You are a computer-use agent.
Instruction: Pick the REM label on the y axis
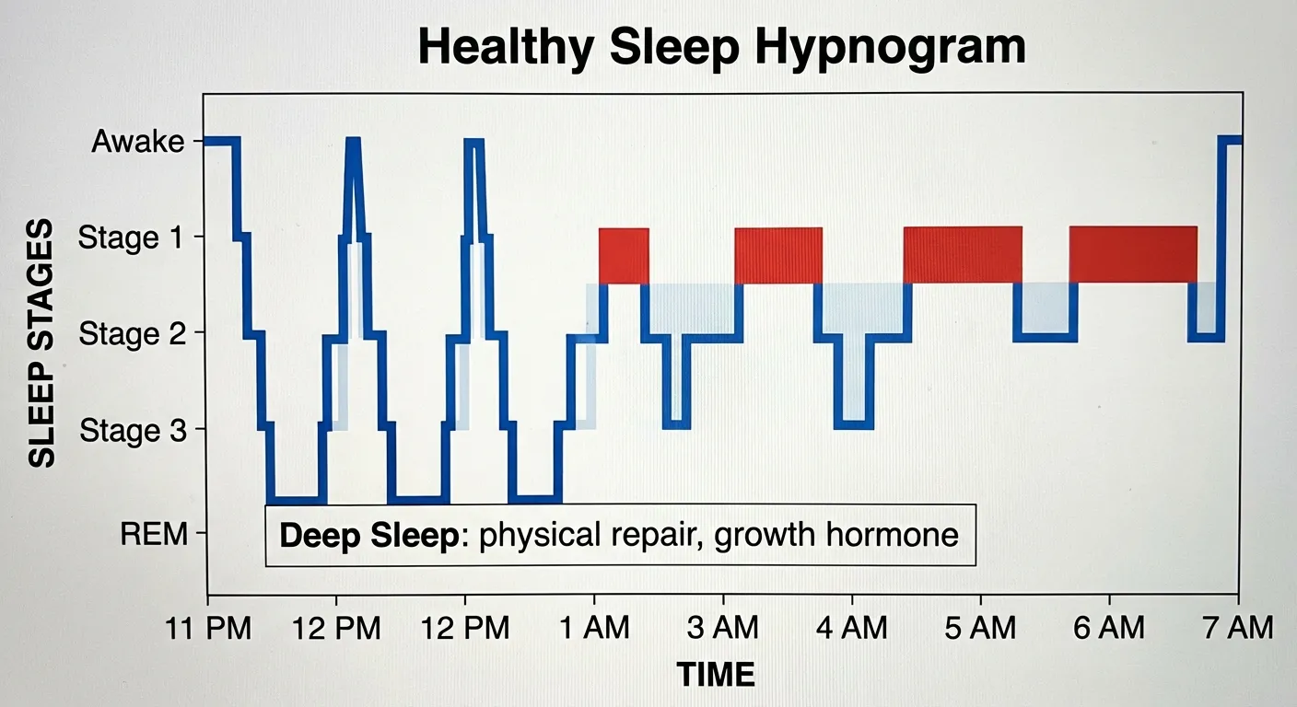pos(154,534)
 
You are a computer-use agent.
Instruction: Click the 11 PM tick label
pos(208,629)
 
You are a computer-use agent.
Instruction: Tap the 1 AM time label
pos(595,629)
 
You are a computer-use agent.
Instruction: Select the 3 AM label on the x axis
pos(724,629)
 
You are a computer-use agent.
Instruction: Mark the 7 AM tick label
pos(1238,629)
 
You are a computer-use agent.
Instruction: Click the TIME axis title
pos(717,675)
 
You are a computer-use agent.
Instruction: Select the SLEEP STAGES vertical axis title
pos(42,342)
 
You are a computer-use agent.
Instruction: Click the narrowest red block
pos(624,255)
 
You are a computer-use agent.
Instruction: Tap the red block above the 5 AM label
pos(963,254)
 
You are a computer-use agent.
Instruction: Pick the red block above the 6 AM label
pos(1133,254)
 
